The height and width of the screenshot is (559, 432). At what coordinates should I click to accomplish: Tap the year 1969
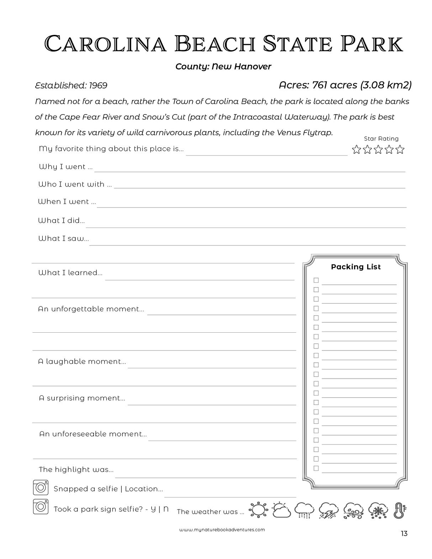point(98,85)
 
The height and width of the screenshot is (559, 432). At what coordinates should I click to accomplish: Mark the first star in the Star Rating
point(356,149)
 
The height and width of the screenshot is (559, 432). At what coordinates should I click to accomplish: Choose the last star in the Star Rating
point(400,149)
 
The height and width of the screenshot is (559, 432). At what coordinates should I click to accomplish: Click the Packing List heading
point(355,267)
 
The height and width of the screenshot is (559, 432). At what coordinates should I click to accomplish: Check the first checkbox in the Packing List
point(316,280)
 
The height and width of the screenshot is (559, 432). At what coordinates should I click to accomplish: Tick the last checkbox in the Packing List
point(316,468)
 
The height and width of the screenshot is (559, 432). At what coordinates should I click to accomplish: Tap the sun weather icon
point(258,510)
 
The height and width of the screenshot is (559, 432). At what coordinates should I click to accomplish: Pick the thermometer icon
point(400,511)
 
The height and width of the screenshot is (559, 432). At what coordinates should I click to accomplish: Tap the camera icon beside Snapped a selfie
point(41,487)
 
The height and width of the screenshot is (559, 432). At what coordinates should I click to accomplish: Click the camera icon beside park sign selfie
point(41,507)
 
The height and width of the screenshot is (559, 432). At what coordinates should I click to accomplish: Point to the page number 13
point(404,534)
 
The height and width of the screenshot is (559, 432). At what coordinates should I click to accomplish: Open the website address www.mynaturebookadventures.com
point(222,529)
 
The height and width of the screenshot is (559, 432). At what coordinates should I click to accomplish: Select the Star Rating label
point(381,139)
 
